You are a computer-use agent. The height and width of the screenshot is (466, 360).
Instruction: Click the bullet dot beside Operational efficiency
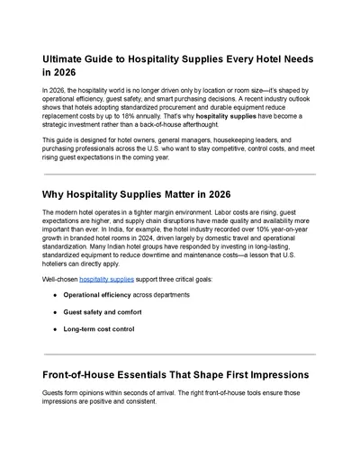point(56,295)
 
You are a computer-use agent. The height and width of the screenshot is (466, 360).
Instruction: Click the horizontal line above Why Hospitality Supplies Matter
point(179,175)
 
